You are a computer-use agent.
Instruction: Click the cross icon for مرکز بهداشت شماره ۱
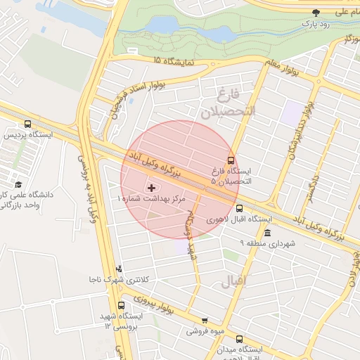(x=151, y=188)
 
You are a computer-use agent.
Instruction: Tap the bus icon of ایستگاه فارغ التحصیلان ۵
(x=231, y=161)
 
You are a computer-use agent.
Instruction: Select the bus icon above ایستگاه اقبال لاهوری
(x=239, y=208)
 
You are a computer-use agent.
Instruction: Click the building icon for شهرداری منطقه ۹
(x=266, y=233)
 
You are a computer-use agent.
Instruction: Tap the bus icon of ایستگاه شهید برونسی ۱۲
(x=121, y=306)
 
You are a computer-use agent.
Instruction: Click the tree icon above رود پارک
(x=316, y=12)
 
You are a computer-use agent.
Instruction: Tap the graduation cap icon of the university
(x=17, y=184)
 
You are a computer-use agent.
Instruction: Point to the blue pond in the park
(x=163, y=26)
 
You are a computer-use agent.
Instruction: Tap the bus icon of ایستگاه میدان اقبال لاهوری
(x=239, y=338)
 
